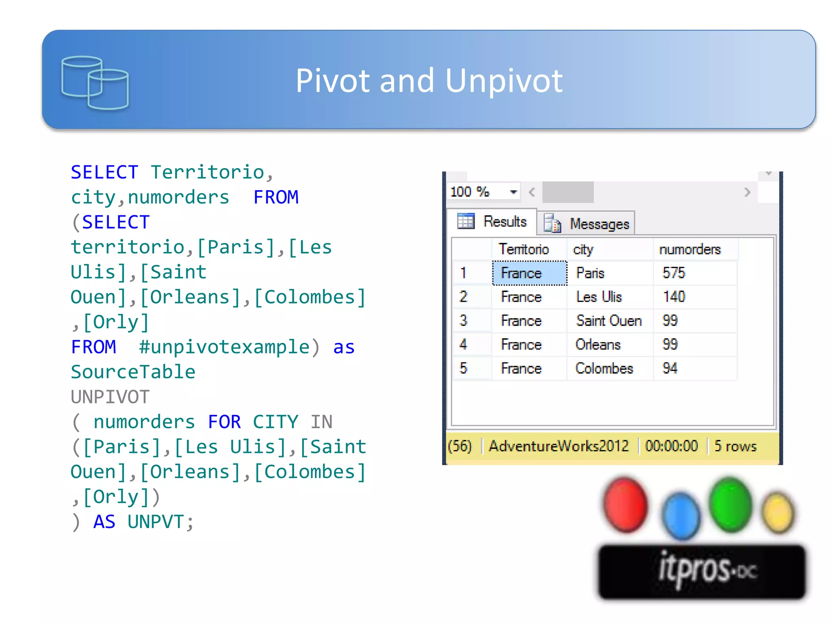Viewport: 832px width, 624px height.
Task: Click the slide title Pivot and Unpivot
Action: tap(429, 80)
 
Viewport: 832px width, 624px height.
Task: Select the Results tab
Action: tap(492, 222)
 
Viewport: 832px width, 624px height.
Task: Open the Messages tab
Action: tap(587, 224)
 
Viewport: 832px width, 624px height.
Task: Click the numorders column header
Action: tap(690, 249)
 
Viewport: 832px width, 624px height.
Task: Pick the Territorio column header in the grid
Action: tap(524, 249)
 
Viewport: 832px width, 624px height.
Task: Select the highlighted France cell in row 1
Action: tap(529, 273)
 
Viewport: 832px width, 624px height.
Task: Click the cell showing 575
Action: tap(674, 273)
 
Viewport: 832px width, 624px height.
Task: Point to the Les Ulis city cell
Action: tap(599, 297)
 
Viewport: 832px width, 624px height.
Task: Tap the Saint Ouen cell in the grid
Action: tap(609, 321)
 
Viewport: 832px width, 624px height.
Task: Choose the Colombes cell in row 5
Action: tap(604, 368)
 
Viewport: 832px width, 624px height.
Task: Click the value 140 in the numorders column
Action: tap(674, 297)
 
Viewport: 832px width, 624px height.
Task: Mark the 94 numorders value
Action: tap(670, 368)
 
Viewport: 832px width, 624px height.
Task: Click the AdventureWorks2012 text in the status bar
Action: tap(559, 446)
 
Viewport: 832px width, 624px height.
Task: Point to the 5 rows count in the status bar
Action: tap(735, 446)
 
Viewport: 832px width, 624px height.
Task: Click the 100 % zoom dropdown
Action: tap(483, 192)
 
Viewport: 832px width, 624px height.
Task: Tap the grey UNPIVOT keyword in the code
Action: tap(110, 397)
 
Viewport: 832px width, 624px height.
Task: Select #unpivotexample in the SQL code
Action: tap(224, 347)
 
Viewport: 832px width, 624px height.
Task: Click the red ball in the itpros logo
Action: tap(625, 505)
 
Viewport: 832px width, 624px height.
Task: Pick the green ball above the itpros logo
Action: tap(730, 504)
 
